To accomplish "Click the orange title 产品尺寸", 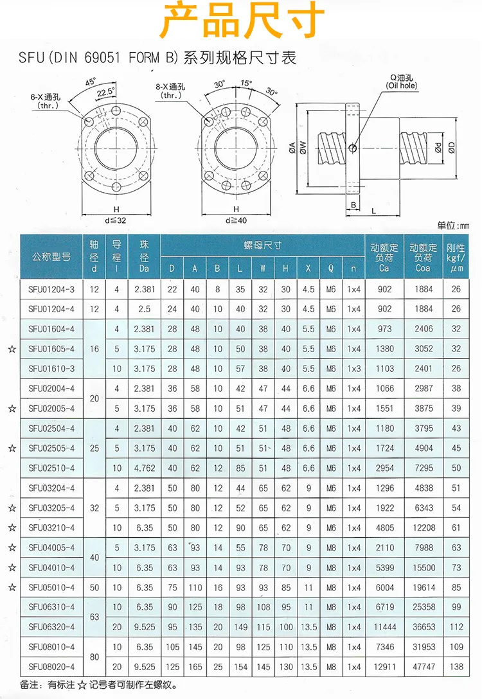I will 241,21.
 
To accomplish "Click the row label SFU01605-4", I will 51,349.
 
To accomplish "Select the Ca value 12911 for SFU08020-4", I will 384,667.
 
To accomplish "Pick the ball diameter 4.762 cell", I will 144,468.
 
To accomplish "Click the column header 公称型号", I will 51,256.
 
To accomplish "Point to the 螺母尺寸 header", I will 262,245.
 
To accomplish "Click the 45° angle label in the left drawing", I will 91,82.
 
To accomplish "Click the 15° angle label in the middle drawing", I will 247,83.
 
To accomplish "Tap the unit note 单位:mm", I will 453,226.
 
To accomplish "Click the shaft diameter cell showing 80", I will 94,657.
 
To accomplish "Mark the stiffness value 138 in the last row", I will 456,667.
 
